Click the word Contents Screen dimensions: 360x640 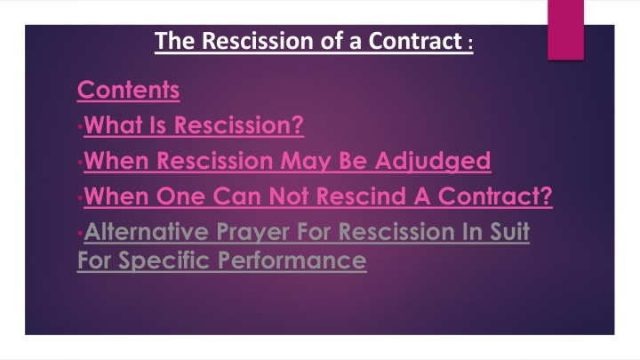[x=128, y=90]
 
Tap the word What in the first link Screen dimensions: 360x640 [x=108, y=125]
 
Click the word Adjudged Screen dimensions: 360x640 [x=443, y=161]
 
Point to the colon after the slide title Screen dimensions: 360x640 [x=469, y=44]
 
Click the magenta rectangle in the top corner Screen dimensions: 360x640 [x=565, y=28]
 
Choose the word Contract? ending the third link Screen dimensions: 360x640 [x=492, y=196]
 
